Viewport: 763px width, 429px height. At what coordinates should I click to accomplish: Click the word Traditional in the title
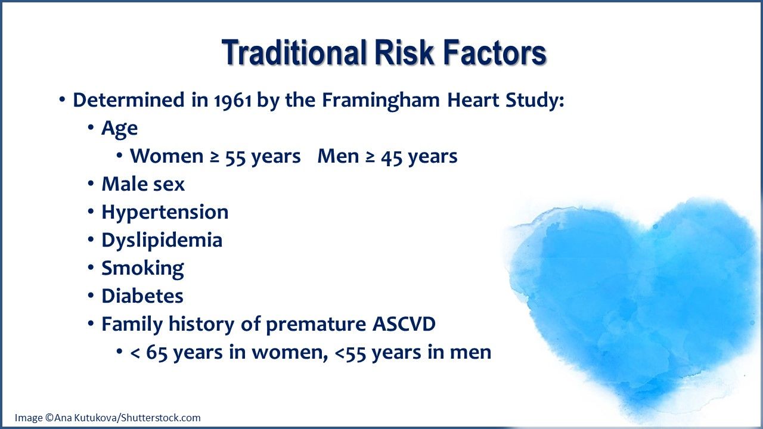pos(294,53)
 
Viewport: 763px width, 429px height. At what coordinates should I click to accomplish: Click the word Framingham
pos(381,100)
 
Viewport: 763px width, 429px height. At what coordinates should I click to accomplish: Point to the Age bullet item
pos(119,128)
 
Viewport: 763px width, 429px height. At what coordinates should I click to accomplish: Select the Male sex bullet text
pos(143,184)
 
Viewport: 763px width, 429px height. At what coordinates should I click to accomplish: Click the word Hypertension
pos(165,212)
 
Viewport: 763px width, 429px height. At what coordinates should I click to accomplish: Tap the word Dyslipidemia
pos(162,240)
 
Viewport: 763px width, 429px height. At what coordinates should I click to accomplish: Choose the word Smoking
pos(142,268)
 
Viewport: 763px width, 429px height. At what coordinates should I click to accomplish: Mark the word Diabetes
pos(142,296)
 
